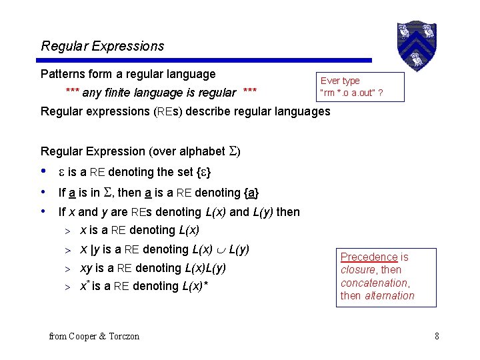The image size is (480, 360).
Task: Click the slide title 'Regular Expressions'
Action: point(102,46)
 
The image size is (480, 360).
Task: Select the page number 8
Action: point(437,336)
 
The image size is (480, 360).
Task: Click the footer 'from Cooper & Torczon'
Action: point(94,337)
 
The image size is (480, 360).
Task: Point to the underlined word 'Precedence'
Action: point(369,257)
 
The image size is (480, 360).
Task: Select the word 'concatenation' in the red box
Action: point(373,283)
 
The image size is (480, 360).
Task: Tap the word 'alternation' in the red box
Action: point(389,295)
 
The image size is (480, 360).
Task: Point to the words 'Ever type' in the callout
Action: point(340,81)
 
